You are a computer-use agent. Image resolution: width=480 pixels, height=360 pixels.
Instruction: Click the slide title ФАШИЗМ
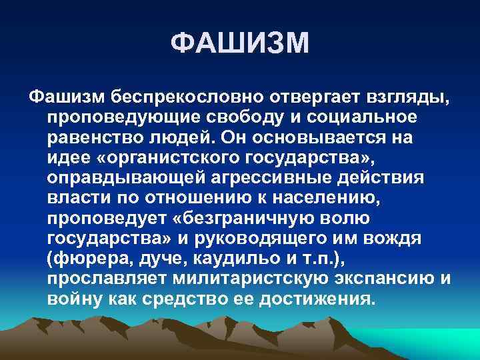240,45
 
